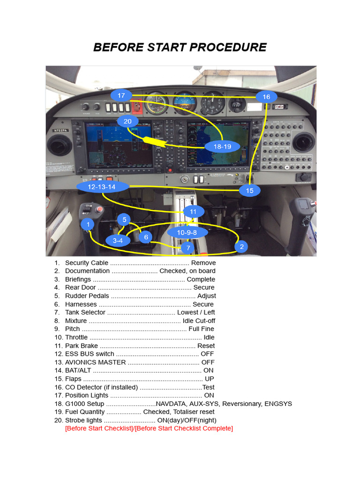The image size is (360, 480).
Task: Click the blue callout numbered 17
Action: [121, 96]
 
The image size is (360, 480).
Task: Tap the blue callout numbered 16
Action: [266, 97]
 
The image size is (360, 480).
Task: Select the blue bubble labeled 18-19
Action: [223, 146]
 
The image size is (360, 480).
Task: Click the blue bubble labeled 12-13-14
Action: [102, 187]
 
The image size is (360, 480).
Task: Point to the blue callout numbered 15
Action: [249, 190]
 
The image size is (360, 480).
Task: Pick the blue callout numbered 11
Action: [194, 212]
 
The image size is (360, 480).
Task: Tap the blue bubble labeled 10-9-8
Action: [187, 232]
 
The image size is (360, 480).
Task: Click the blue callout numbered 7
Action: [188, 248]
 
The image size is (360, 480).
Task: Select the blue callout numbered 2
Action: [241, 247]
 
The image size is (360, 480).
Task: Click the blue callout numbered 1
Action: [88, 225]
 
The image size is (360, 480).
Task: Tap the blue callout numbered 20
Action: [127, 121]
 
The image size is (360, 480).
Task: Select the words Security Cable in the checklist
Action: [87, 263]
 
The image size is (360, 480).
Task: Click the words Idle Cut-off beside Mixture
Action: [199, 321]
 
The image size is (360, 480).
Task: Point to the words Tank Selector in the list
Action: [85, 312]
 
